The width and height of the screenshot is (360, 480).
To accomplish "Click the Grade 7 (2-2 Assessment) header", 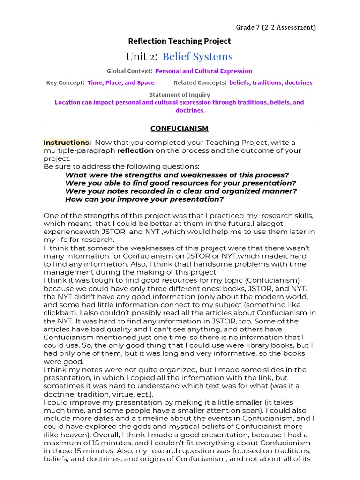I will pyautogui.click(x=276, y=27).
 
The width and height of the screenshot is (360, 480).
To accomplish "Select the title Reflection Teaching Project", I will pyautogui.click(x=180, y=41).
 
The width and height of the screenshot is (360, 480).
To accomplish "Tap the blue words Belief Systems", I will pyautogui.click(x=197, y=57).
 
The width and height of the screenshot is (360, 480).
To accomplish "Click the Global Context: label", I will pyautogui.click(x=129, y=71).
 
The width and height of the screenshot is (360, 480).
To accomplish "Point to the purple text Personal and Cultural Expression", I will pyautogui.click(x=203, y=71).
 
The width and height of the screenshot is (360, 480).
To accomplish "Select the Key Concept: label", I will pyautogui.click(x=65, y=83).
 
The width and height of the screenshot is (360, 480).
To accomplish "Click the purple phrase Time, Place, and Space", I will pyautogui.click(x=121, y=83).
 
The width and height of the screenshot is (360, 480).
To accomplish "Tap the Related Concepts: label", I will pyautogui.click(x=200, y=83).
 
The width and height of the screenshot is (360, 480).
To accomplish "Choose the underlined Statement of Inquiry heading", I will pyautogui.click(x=180, y=95).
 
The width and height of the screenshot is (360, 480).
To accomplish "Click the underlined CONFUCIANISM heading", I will pyautogui.click(x=180, y=128).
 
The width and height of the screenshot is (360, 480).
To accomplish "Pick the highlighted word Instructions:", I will pyautogui.click(x=67, y=142).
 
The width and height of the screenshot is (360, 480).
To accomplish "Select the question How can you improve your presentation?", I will pyautogui.click(x=144, y=199).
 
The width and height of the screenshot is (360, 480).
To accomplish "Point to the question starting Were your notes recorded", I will pyautogui.click(x=181, y=191).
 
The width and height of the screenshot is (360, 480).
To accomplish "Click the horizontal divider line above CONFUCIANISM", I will pyautogui.click(x=180, y=120).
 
